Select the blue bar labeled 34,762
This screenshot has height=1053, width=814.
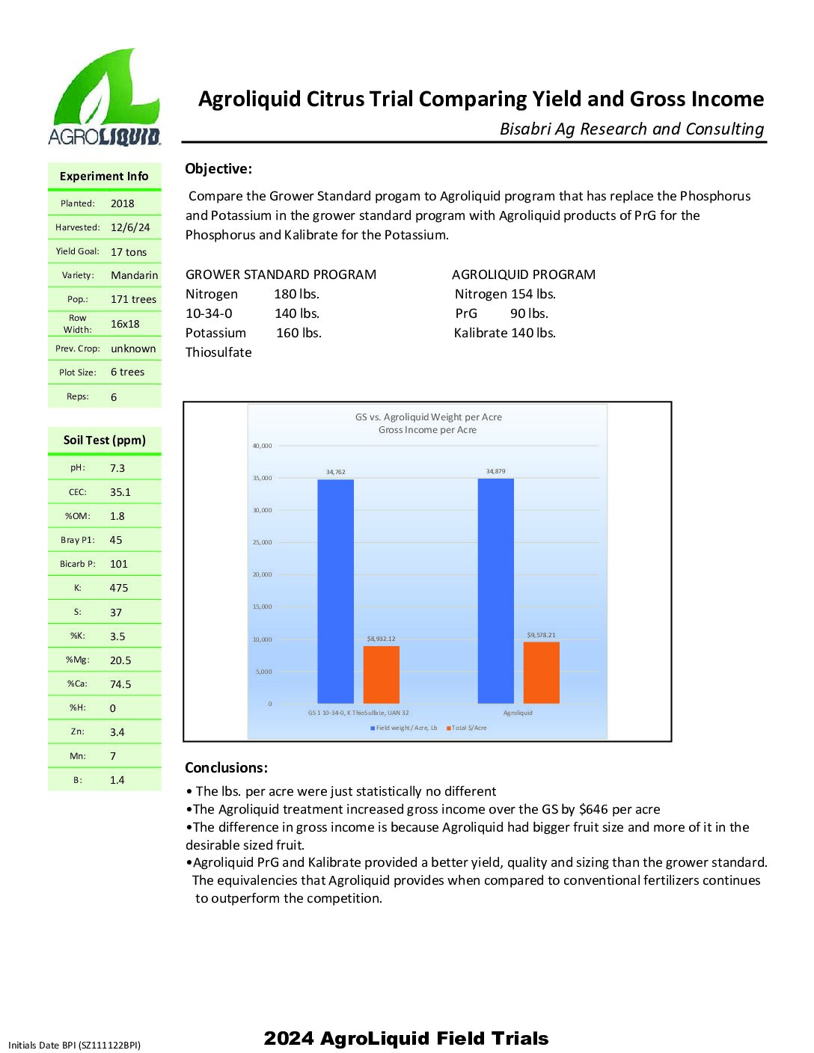pos(335,591)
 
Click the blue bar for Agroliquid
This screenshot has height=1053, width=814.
pos(495,591)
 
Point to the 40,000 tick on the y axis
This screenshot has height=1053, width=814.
pos(263,446)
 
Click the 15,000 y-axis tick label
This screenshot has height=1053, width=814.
pos(263,607)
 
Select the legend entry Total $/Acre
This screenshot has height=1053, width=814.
pos(469,728)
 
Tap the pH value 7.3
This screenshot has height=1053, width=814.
pos(117,468)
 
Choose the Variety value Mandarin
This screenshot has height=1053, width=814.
pos(134,275)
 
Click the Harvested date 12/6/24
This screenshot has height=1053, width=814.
pos(130,227)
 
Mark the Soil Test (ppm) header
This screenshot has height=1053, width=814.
pos(105,440)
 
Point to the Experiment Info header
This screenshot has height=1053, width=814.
pos(104,176)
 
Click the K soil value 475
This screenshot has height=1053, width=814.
pos(119,588)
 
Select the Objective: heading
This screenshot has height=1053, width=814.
pos(218,169)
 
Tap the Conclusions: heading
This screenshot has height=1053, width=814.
pos(226,767)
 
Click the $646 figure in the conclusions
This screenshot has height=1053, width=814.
pos(593,809)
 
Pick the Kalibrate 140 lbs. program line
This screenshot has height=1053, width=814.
pos(504,333)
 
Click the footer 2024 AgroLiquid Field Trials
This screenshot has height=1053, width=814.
pos(406,1038)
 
